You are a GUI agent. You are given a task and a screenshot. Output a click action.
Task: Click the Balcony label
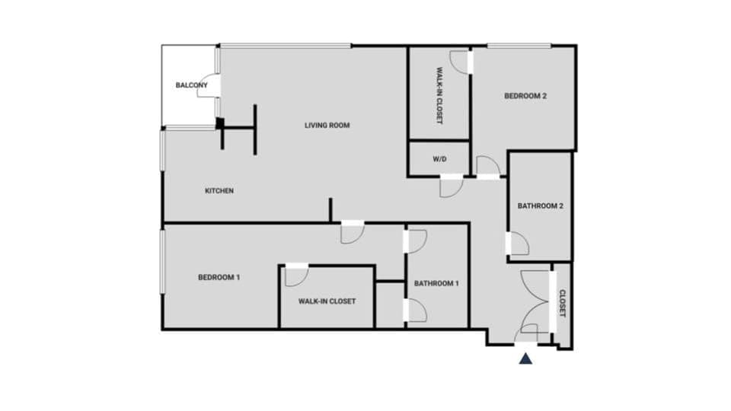click(x=191, y=85)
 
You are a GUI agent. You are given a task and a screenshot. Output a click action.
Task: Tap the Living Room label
click(x=327, y=126)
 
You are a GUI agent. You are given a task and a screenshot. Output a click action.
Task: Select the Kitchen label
click(x=219, y=191)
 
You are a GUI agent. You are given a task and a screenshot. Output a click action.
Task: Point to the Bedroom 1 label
click(x=219, y=278)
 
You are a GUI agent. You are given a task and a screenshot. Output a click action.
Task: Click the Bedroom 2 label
click(x=525, y=96)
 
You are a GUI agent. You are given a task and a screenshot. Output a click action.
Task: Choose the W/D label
click(x=439, y=160)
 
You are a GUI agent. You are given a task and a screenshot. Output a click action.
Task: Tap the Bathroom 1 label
click(x=436, y=284)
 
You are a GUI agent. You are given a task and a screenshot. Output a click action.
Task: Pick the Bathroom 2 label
click(x=540, y=205)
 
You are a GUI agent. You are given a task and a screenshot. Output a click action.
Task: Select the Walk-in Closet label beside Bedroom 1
click(x=327, y=301)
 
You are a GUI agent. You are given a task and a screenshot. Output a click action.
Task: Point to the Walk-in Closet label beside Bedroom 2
click(x=439, y=96)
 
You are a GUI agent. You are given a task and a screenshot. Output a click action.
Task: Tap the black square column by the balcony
click(x=220, y=123)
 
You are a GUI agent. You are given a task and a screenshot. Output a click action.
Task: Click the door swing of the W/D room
click(x=449, y=187)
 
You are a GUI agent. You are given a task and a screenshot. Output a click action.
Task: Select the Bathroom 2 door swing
click(x=519, y=244)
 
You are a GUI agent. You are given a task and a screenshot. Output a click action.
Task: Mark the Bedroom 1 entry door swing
click(x=352, y=233)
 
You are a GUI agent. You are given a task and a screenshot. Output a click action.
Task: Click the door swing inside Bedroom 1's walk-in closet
click(x=295, y=276)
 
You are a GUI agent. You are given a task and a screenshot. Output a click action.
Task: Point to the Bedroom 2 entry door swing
click(x=487, y=166)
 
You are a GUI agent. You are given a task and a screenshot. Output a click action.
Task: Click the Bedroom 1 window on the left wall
click(x=161, y=261)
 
